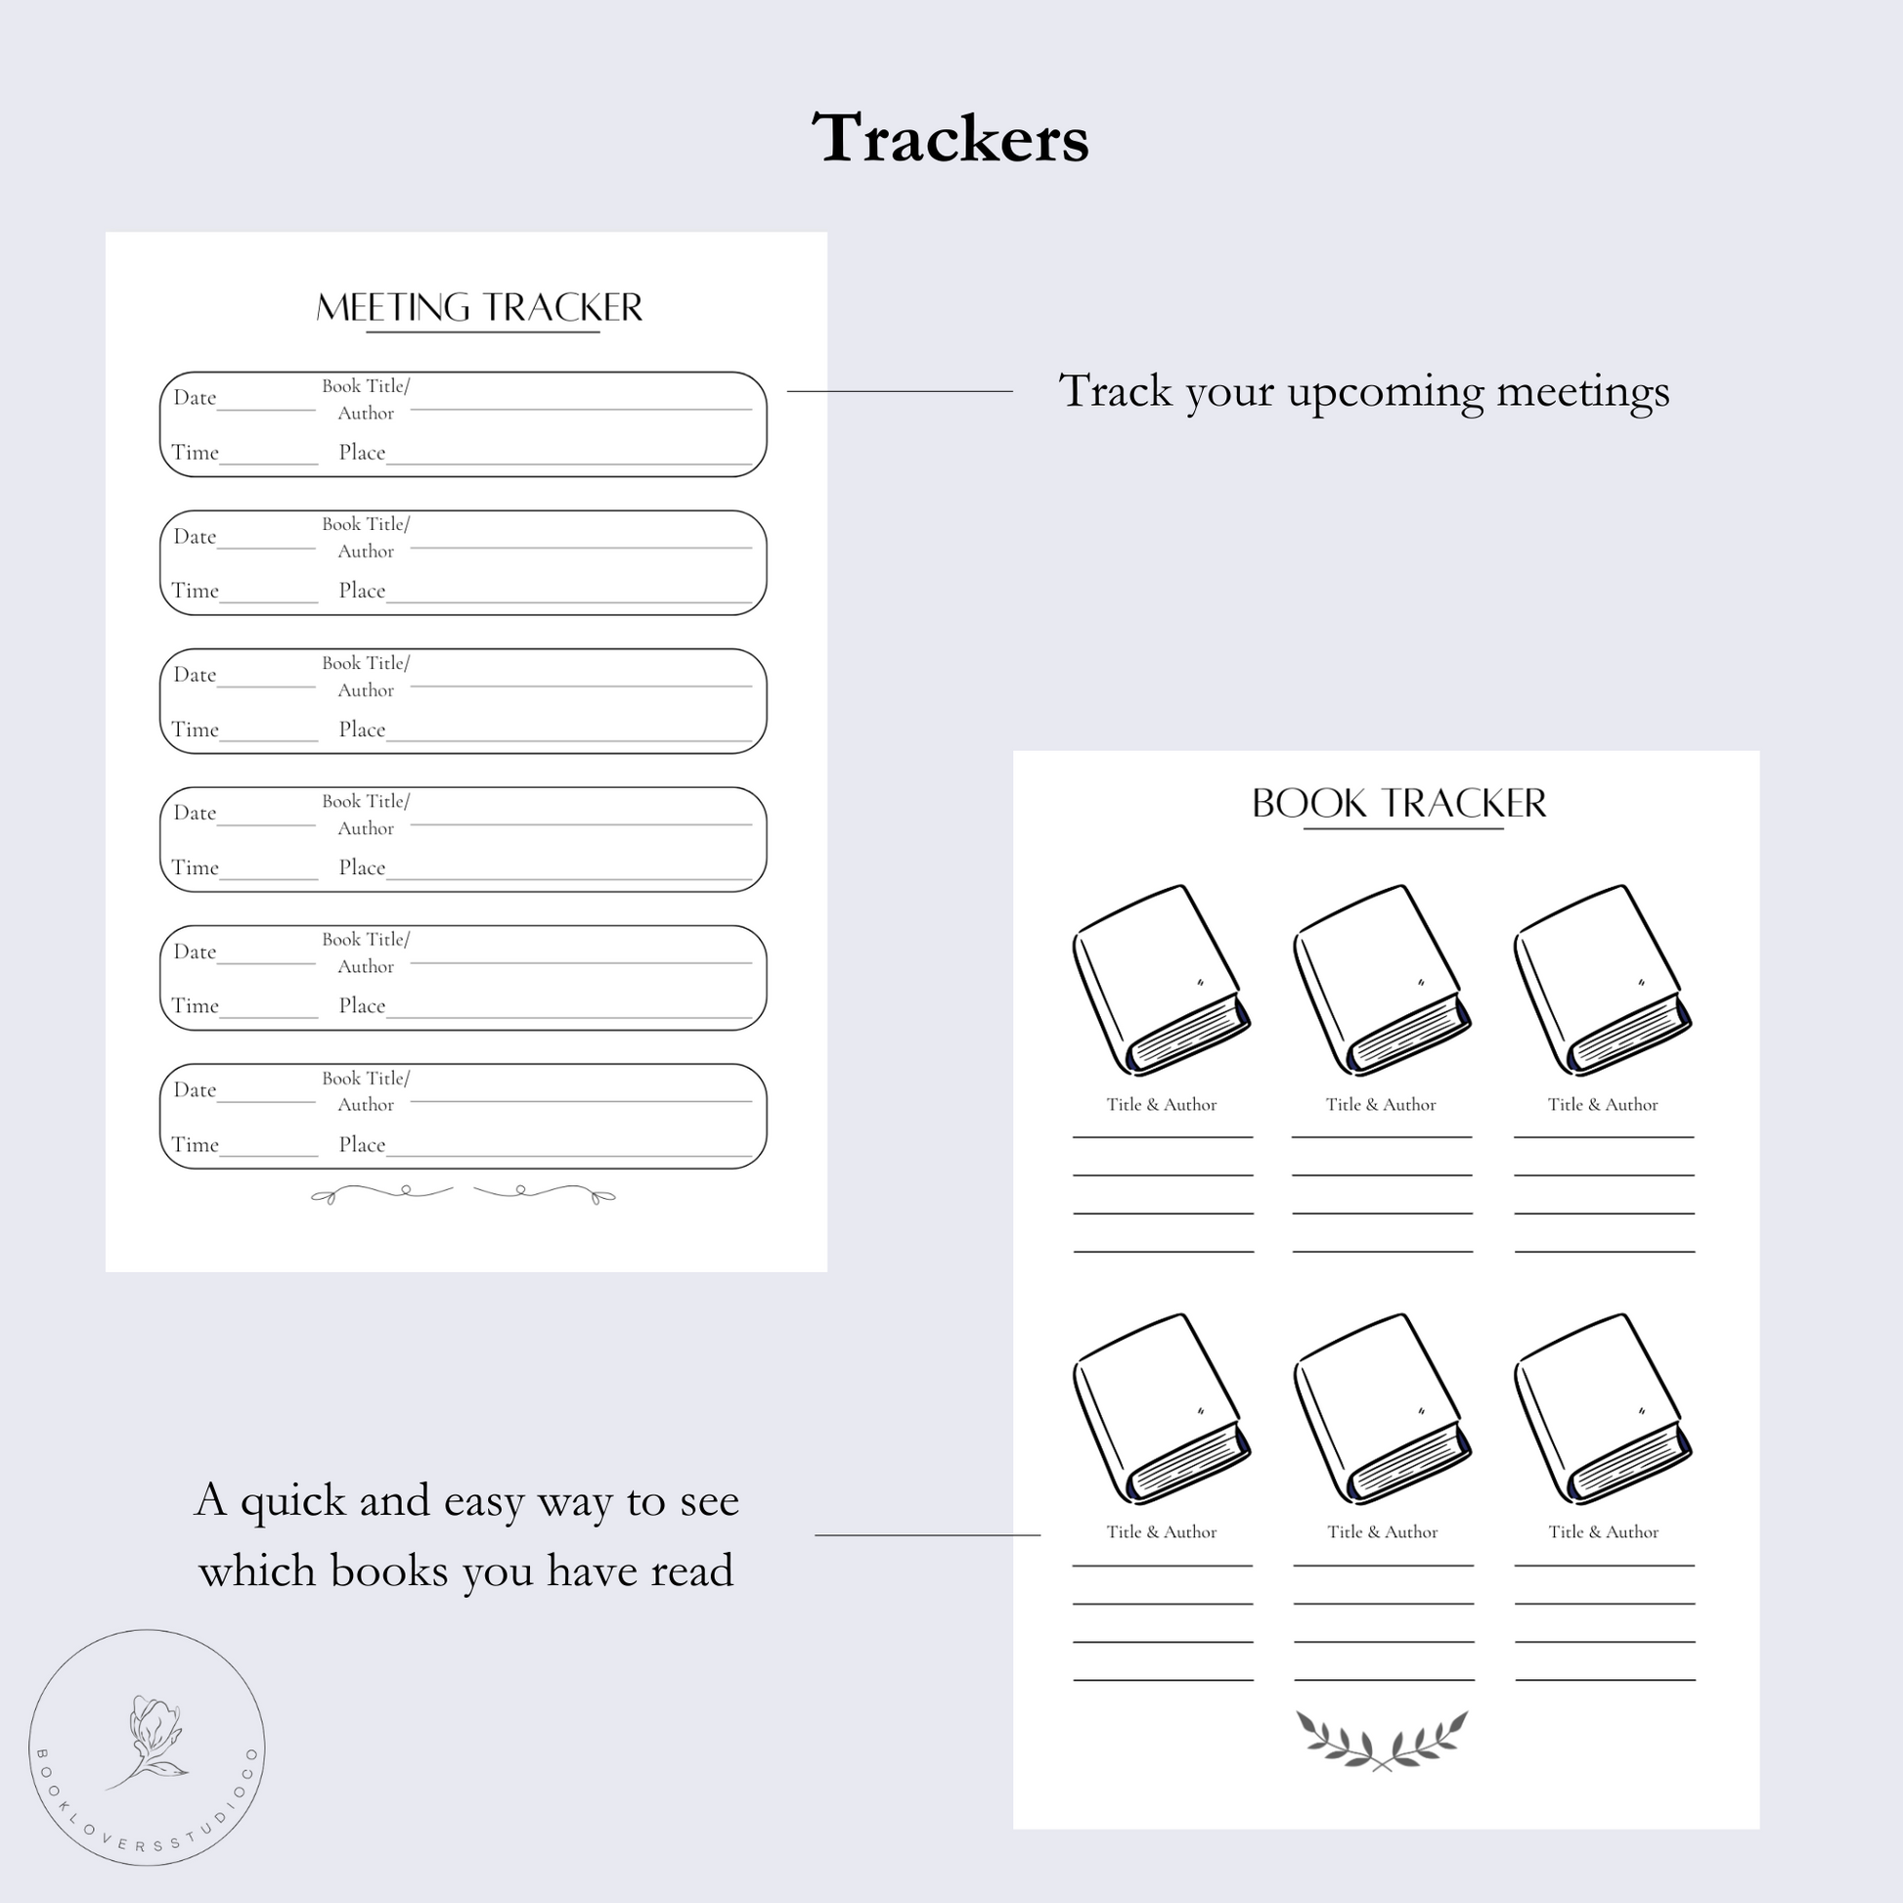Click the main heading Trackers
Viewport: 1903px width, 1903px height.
pos(951,137)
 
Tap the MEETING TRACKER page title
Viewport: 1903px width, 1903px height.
pos(479,308)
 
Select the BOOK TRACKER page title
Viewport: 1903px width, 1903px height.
pos(1398,804)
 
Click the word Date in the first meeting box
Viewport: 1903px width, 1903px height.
pos(194,398)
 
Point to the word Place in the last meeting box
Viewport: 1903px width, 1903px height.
pos(362,1144)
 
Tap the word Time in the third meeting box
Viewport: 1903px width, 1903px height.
pos(195,730)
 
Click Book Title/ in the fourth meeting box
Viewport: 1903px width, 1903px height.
pos(366,802)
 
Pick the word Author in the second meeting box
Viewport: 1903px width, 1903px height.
pos(366,552)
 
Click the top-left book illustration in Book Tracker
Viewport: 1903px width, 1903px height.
pos(1162,980)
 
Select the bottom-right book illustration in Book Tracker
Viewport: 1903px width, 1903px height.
pos(1603,1408)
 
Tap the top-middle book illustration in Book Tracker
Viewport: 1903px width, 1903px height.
pos(1382,980)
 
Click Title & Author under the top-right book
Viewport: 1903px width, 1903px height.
pos(1603,1105)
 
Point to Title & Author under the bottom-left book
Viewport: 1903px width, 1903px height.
pos(1162,1532)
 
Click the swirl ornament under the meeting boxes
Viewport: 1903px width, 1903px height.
pos(463,1195)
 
